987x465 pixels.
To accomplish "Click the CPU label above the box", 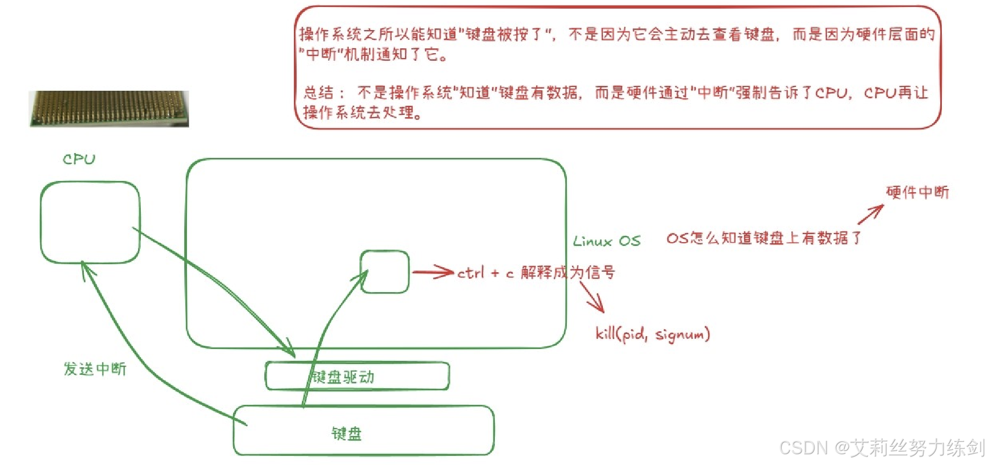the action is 79,159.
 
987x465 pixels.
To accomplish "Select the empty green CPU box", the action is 90,222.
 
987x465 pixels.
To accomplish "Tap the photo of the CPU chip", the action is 109,108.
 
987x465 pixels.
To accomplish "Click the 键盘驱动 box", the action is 357,376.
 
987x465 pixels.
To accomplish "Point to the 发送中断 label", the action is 95,369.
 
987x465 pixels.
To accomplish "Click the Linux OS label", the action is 607,241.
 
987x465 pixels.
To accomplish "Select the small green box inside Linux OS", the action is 385,272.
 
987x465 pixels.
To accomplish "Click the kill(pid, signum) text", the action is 652,334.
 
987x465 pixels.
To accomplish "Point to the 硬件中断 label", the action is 917,192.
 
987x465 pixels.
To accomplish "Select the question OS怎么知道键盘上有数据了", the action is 763,238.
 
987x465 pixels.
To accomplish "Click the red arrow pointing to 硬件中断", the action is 870,214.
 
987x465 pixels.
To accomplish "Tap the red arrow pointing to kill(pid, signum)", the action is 593,296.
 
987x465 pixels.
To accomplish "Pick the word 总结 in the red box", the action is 319,92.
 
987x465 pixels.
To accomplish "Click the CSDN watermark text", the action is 881,447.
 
